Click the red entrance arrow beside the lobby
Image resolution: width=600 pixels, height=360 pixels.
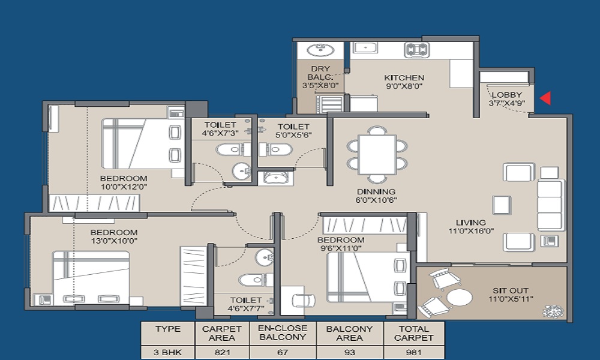pyautogui.click(x=545, y=98)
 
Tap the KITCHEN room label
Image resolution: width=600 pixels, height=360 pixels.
pyautogui.click(x=404, y=77)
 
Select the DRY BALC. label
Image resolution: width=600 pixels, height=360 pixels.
pyautogui.click(x=320, y=73)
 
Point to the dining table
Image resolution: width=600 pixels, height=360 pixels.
pyautogui.click(x=377, y=155)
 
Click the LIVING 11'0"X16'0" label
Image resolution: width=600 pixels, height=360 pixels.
pyautogui.click(x=471, y=226)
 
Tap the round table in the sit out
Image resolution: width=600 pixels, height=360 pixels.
pyautogui.click(x=459, y=297)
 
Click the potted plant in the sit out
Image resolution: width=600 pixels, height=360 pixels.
pyautogui.click(x=553, y=311)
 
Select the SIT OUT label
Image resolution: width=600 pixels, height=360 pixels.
pyautogui.click(x=511, y=290)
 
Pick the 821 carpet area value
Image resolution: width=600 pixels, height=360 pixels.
pyautogui.click(x=222, y=352)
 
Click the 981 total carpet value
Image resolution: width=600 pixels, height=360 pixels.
pyautogui.click(x=413, y=352)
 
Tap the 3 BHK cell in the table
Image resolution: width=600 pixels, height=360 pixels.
pyautogui.click(x=167, y=352)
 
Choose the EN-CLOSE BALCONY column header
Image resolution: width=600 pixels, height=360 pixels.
pyautogui.click(x=283, y=333)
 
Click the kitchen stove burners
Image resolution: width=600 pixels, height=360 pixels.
pyautogui.click(x=417, y=50)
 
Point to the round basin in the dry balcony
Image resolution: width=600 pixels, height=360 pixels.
pyautogui.click(x=320, y=50)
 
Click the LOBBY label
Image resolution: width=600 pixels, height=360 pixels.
pyautogui.click(x=507, y=94)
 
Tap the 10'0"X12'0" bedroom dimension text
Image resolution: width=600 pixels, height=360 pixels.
pyautogui.click(x=124, y=187)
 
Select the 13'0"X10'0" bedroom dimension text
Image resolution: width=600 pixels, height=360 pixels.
pyautogui.click(x=113, y=241)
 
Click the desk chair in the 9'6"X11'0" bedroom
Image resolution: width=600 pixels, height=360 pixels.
pyautogui.click(x=304, y=301)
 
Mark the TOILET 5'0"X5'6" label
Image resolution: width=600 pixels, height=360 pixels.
pyautogui.click(x=293, y=130)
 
